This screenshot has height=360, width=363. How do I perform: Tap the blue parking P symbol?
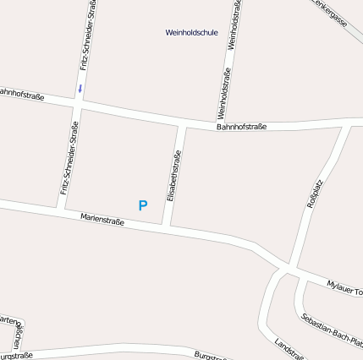[142, 205]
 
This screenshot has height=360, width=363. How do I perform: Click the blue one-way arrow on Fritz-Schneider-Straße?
[80, 87]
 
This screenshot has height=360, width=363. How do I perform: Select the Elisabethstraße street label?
[173, 176]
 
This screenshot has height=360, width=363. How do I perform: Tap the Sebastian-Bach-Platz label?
[332, 330]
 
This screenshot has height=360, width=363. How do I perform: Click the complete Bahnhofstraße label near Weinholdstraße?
[241, 127]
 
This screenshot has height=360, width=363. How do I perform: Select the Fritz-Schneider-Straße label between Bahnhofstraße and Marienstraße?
[69, 158]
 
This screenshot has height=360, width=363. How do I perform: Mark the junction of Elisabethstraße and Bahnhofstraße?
[182, 125]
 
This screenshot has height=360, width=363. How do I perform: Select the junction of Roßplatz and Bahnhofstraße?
[345, 124]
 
